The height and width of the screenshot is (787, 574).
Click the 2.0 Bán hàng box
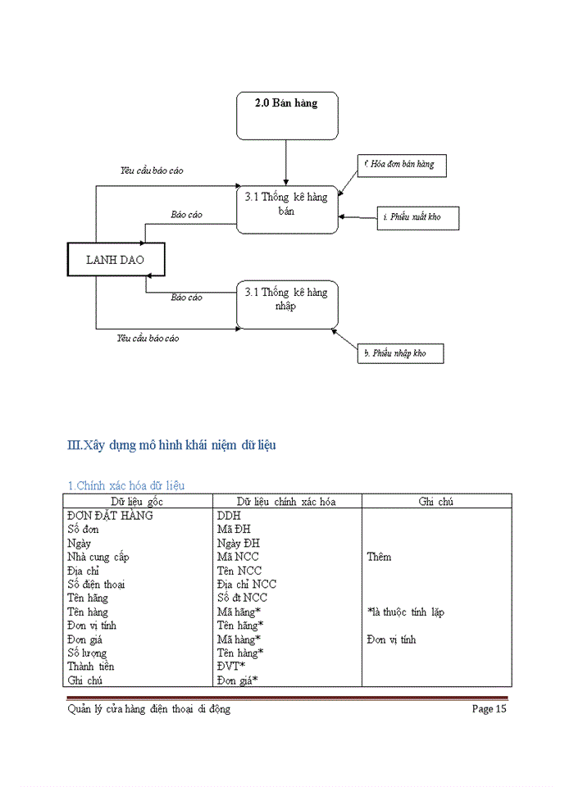287,116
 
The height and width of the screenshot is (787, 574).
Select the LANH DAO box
115,260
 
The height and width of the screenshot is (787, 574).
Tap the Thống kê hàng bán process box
286,208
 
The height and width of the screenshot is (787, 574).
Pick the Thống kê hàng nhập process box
286,304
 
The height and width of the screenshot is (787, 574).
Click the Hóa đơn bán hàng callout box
402,165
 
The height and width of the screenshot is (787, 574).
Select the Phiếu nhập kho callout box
400,354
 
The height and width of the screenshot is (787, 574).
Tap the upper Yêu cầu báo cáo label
152,171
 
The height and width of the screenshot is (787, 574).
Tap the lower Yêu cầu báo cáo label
148,338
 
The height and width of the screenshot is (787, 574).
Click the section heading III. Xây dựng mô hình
171,445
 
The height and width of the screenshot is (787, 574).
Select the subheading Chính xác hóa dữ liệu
125,485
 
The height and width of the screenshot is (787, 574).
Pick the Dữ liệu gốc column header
137,502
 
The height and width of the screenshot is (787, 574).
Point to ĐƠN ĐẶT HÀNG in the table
110,516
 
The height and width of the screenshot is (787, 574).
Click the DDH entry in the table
229,516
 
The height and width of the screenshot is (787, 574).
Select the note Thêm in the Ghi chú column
379,557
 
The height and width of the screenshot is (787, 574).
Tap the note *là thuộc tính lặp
405,612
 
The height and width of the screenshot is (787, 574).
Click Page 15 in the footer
489,709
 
